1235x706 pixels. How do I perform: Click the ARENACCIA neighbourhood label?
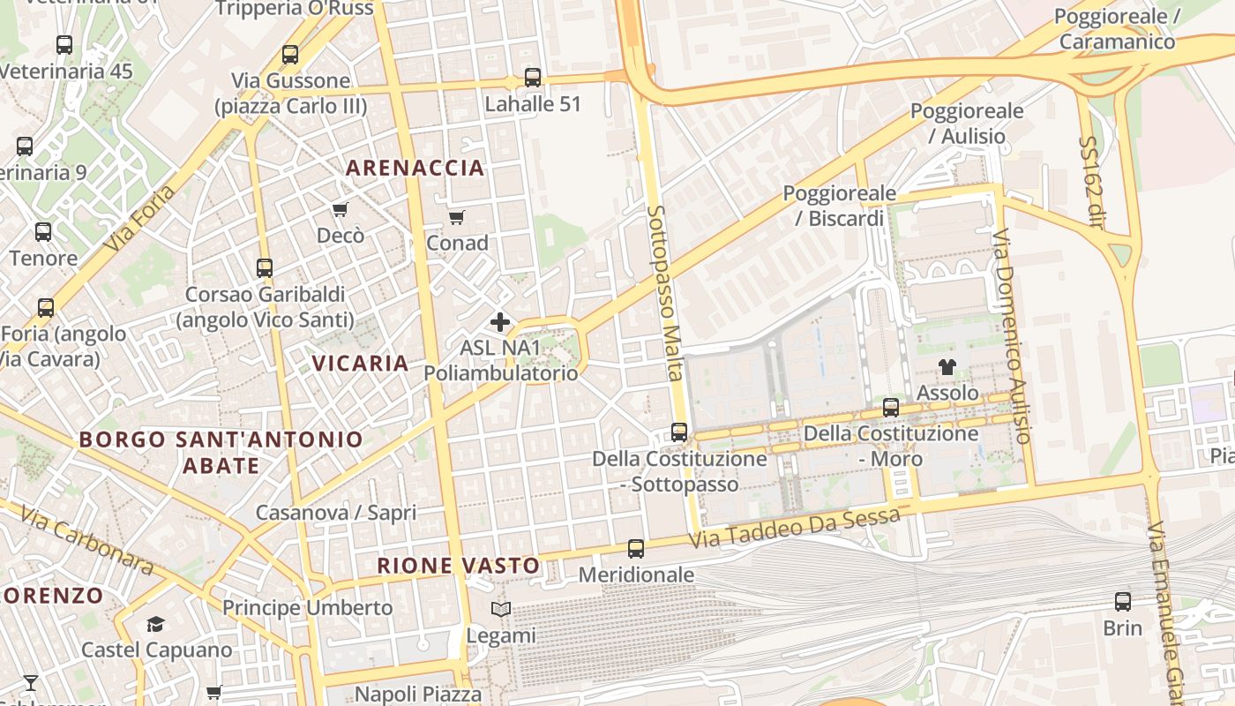pyautogui.click(x=415, y=168)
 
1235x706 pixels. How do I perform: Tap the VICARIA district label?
pyautogui.click(x=360, y=363)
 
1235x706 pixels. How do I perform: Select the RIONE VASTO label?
pyautogui.click(x=459, y=566)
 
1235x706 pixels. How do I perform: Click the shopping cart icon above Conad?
pyautogui.click(x=456, y=217)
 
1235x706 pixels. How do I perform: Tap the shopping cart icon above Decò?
pyautogui.click(x=340, y=209)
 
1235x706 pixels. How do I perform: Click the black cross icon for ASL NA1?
pyautogui.click(x=500, y=322)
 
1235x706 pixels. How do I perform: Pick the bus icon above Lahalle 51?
pyautogui.click(x=532, y=78)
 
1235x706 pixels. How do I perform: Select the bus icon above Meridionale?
pyautogui.click(x=636, y=548)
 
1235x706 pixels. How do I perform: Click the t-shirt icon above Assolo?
pyautogui.click(x=947, y=367)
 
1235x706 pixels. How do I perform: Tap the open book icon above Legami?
pyautogui.click(x=500, y=609)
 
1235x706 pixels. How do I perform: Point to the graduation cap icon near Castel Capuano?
pyautogui.click(x=156, y=624)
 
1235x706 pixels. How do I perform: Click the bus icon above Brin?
pyautogui.click(x=1122, y=602)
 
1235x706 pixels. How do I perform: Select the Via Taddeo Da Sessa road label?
pyautogui.click(x=794, y=528)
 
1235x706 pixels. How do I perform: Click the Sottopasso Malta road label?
pyautogui.click(x=666, y=291)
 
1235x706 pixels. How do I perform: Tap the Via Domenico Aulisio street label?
pyautogui.click(x=1011, y=335)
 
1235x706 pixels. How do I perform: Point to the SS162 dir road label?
pyautogui.click(x=1091, y=182)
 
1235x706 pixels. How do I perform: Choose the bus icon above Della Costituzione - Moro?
pyautogui.click(x=891, y=408)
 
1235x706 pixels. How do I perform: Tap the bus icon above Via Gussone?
pyautogui.click(x=290, y=55)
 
